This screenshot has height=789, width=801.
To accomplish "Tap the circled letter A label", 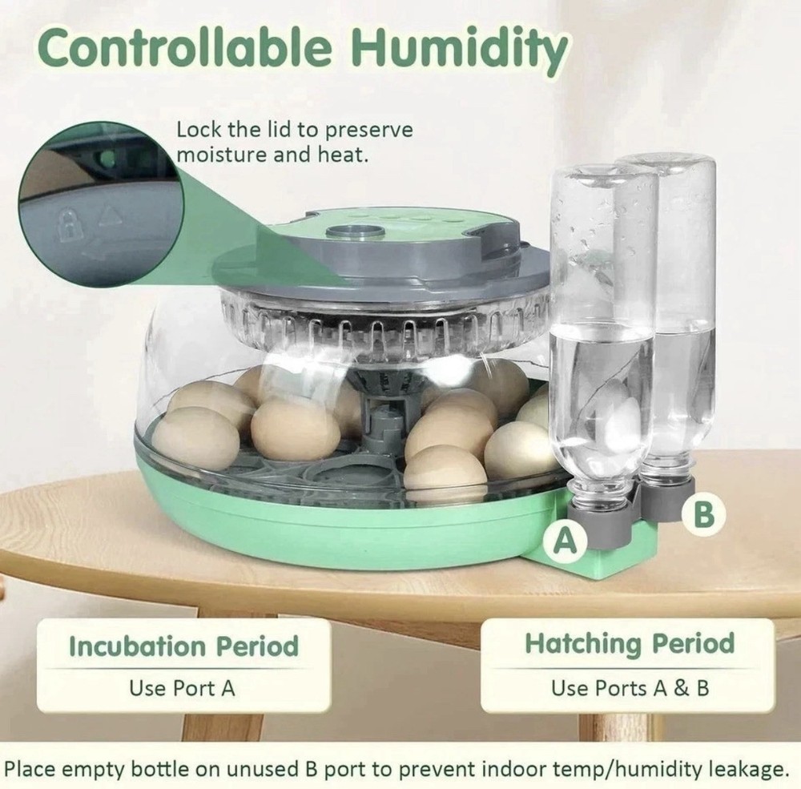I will pyautogui.click(x=566, y=541).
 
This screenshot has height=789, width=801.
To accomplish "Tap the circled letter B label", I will pyautogui.click(x=703, y=513).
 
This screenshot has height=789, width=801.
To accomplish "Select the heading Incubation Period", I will pyautogui.click(x=183, y=646).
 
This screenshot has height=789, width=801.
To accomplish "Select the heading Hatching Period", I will pyautogui.click(x=630, y=643).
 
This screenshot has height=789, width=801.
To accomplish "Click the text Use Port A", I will pyautogui.click(x=183, y=687).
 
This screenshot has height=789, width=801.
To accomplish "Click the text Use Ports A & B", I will pyautogui.click(x=630, y=687).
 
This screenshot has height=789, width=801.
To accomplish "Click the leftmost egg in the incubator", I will pyautogui.click(x=195, y=437).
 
